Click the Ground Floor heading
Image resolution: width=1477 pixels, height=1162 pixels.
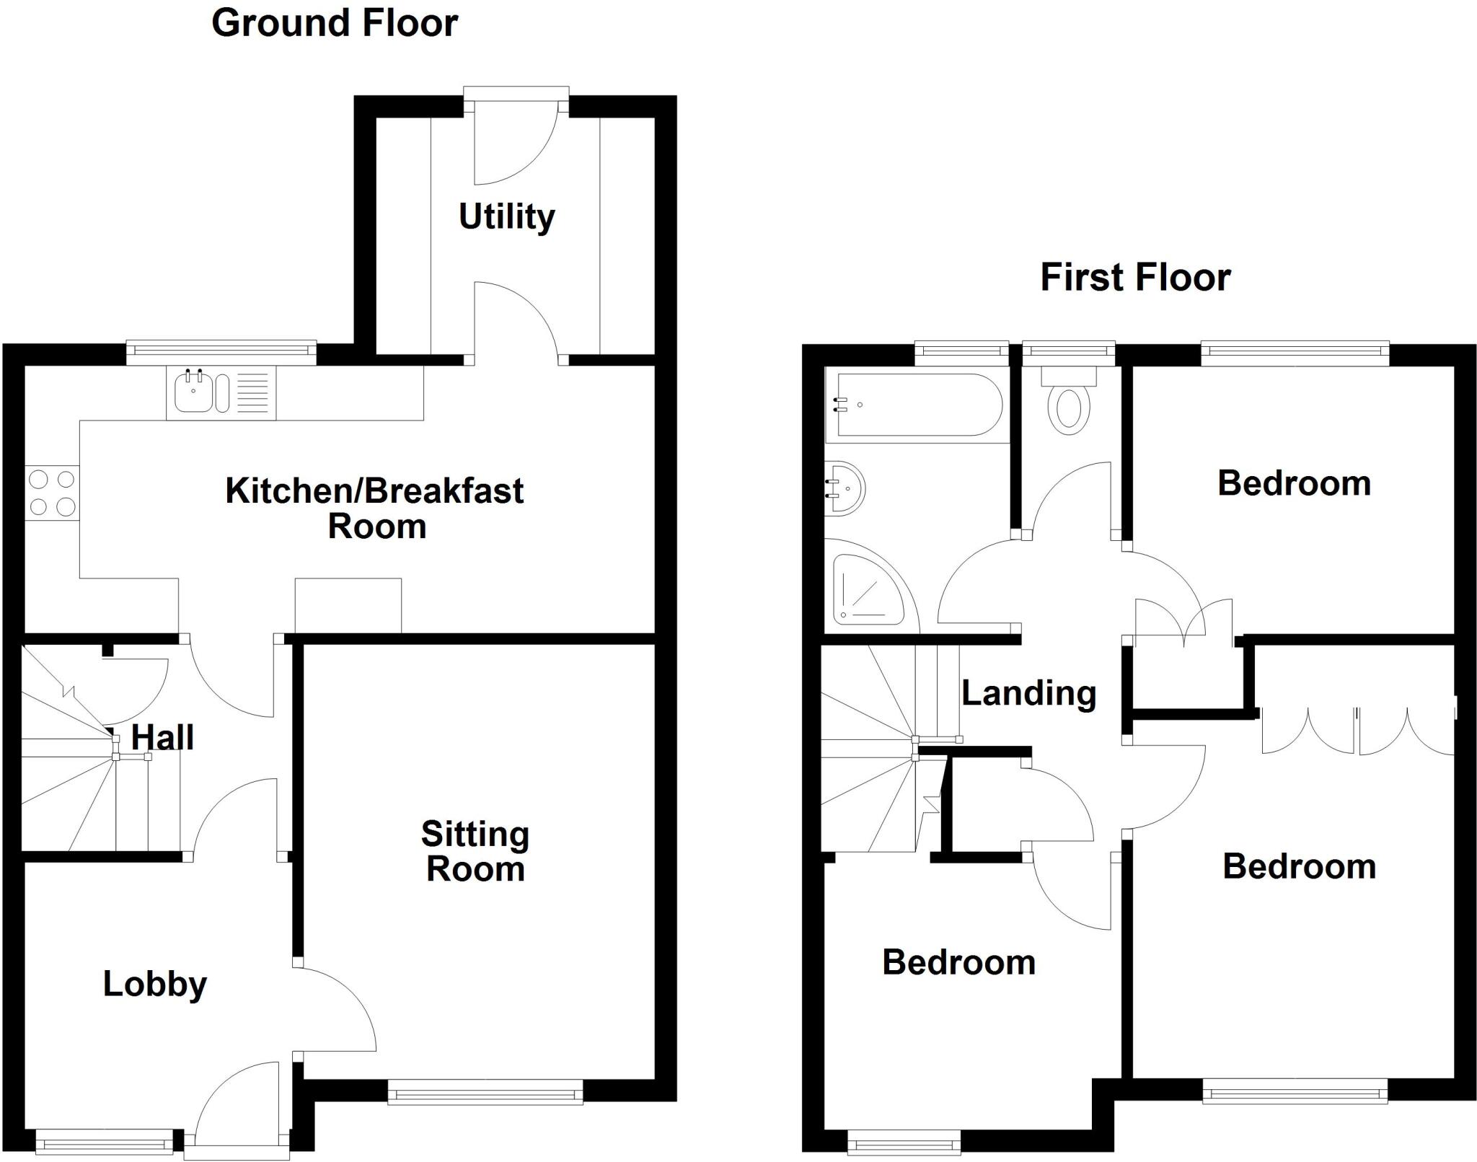point(335,24)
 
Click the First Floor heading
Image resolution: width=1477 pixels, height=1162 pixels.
point(1135,278)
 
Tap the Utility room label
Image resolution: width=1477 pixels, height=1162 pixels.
point(507,216)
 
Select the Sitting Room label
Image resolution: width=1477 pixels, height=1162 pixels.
point(475,852)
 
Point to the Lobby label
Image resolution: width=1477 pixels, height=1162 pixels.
point(155,984)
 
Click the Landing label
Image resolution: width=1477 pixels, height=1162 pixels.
point(1029,693)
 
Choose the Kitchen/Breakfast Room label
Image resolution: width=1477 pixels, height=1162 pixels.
point(375,509)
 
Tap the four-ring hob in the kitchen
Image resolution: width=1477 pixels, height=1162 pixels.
point(52,493)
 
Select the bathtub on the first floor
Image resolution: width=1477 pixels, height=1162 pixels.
point(914,405)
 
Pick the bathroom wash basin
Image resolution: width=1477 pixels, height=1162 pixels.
point(845,488)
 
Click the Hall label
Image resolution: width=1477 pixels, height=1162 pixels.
point(162,738)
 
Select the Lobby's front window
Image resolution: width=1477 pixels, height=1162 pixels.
point(105,1144)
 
